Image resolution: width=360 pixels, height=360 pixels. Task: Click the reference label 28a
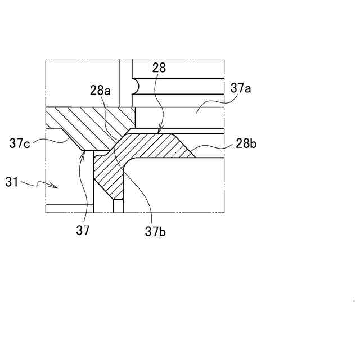point(100,90)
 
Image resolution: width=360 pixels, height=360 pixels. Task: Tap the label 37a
point(241,88)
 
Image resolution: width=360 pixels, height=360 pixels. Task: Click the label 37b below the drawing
point(155,231)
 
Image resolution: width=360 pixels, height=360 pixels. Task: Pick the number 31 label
point(13,181)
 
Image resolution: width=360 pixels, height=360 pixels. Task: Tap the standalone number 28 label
point(159,67)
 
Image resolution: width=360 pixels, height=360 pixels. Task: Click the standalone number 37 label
point(83,229)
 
